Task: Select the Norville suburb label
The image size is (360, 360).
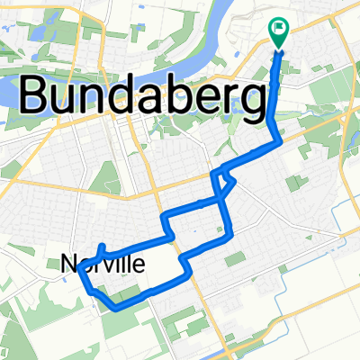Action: (103, 264)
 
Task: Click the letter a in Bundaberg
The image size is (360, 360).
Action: (159, 94)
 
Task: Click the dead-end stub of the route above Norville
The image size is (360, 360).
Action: (103, 245)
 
